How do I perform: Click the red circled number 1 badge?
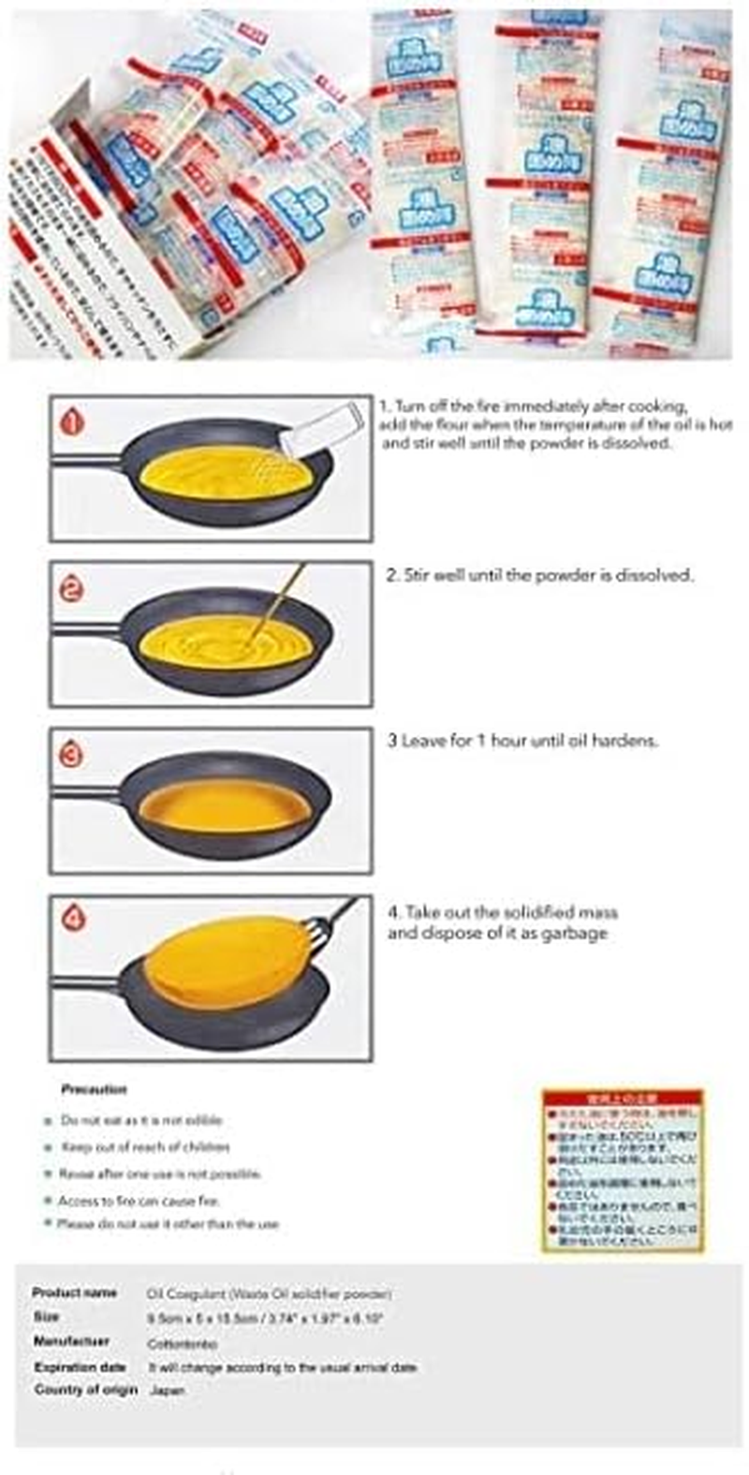click(x=72, y=421)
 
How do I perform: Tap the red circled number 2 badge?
click(x=72, y=588)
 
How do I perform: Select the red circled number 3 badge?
click(x=72, y=754)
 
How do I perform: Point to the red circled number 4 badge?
click(x=72, y=919)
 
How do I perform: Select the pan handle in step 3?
click(x=86, y=793)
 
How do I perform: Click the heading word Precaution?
click(x=94, y=1089)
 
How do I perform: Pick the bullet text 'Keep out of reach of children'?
click(x=145, y=1146)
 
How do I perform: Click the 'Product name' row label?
click(x=75, y=1292)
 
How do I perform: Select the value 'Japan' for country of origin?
click(x=166, y=1390)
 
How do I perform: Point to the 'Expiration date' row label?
click(x=80, y=1366)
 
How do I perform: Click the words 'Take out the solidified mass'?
click(x=503, y=912)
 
